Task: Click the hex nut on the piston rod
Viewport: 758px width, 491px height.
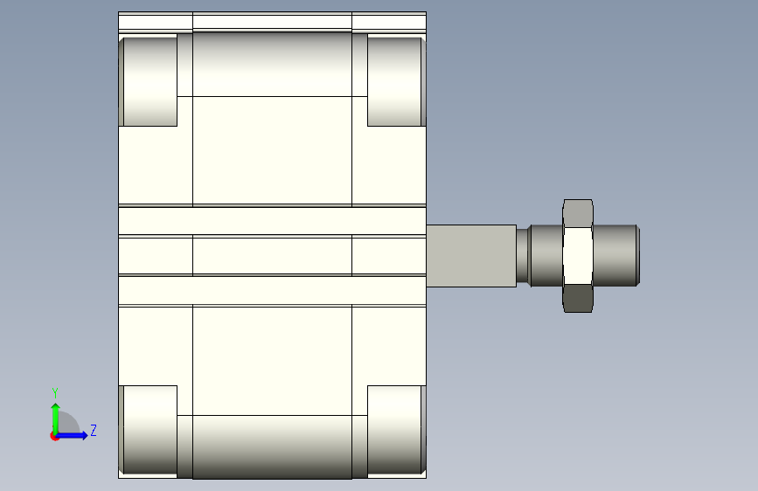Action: [x=578, y=256]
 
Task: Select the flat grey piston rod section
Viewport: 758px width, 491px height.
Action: [x=471, y=256]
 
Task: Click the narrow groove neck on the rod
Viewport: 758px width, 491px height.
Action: [x=522, y=256]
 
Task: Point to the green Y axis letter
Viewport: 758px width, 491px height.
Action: [x=55, y=393]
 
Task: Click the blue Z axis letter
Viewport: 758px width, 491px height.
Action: [x=94, y=430]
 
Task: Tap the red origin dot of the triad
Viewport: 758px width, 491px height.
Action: [x=54, y=436]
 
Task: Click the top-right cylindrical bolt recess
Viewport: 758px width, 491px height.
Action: [x=396, y=81]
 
